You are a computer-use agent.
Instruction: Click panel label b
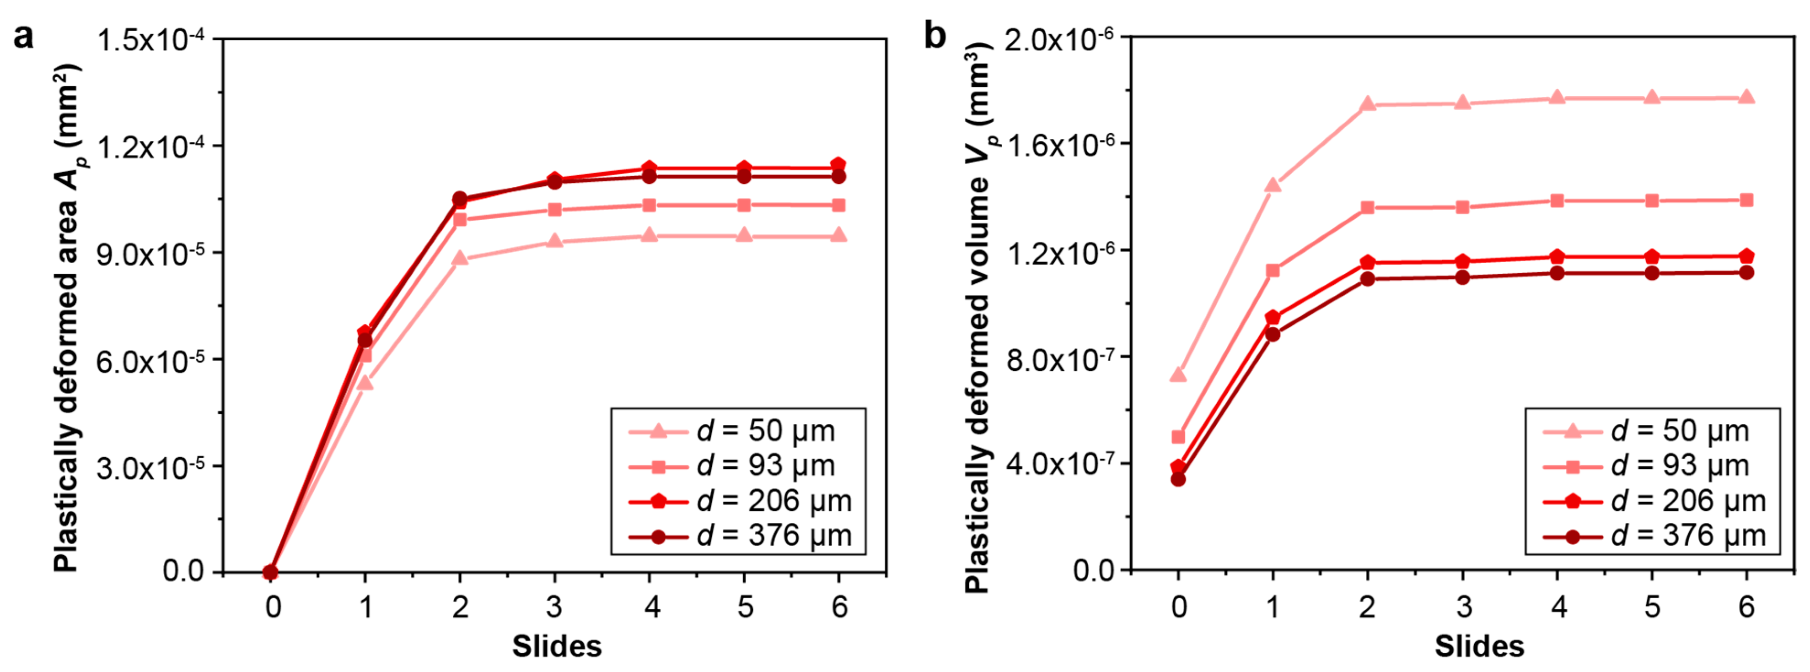point(935,35)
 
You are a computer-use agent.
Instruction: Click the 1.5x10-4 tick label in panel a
point(150,40)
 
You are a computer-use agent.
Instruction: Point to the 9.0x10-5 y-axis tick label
point(150,255)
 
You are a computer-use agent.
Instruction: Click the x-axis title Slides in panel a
point(557,646)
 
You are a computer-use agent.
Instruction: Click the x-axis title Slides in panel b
point(1479,646)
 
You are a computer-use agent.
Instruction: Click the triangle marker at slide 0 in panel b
point(1178,374)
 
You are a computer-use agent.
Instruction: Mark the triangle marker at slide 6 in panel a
point(838,235)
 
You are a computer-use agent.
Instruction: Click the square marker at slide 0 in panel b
point(1178,437)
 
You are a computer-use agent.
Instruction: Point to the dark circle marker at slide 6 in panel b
point(1746,273)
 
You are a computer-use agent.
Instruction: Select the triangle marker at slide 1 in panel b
point(1273,185)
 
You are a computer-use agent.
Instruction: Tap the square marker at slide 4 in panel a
point(649,205)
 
